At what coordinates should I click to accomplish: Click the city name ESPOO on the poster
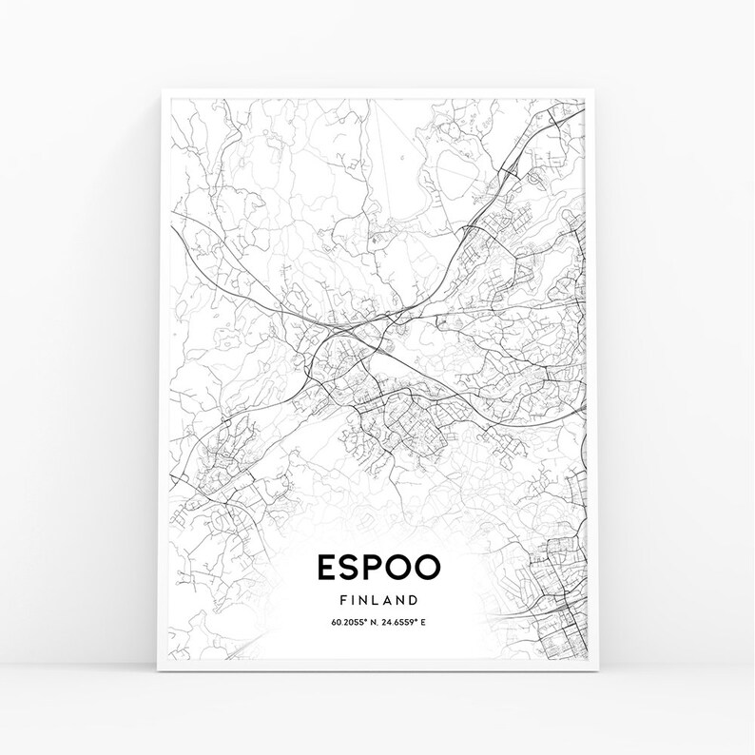tap(377, 568)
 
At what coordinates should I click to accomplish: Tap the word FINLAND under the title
tap(377, 600)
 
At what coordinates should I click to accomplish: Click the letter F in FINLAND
tap(341, 600)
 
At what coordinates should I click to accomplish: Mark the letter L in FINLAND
tap(377, 600)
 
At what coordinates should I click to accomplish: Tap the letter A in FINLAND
tap(389, 600)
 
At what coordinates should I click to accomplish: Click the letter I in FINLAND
tap(352, 600)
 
